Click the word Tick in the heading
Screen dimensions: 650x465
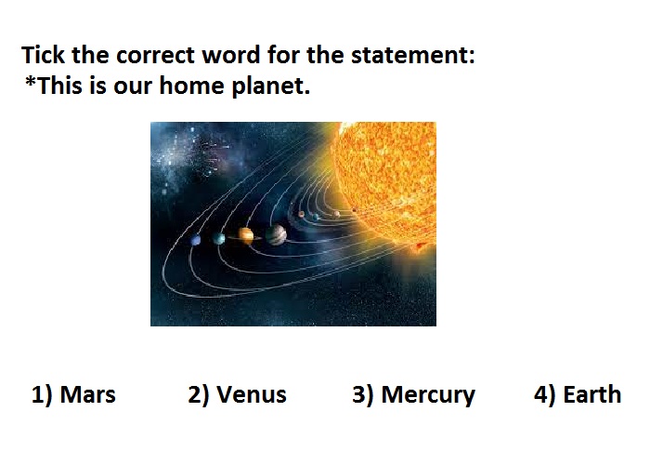click(x=43, y=55)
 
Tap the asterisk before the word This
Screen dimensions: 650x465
click(x=31, y=81)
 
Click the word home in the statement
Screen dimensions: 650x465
click(x=191, y=86)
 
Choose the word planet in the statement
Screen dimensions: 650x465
click(x=271, y=86)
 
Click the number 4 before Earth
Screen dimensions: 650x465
click(x=540, y=394)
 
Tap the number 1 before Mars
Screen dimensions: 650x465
click(x=38, y=394)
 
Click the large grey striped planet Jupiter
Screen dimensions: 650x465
click(x=276, y=235)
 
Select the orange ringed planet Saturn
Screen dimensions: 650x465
click(x=245, y=236)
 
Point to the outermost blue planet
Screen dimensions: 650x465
click(x=196, y=240)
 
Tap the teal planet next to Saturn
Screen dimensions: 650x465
click(x=218, y=239)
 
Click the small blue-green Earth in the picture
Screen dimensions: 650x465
click(x=316, y=217)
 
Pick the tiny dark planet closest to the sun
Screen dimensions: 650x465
click(x=354, y=210)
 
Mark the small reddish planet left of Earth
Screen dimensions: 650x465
click(x=302, y=214)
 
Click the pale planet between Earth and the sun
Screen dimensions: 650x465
click(x=337, y=214)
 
